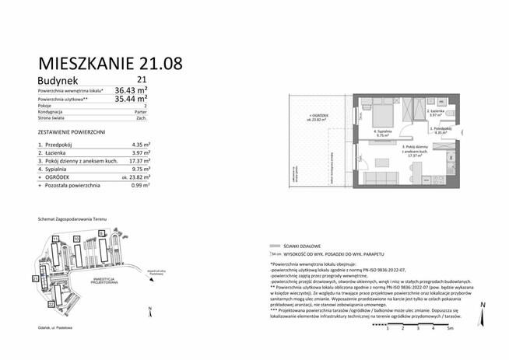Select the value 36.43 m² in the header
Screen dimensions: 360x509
click(132, 90)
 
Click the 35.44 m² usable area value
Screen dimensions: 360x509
click(132, 100)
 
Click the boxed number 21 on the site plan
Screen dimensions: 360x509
click(35, 278)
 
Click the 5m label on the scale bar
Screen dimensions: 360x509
click(450, 327)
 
